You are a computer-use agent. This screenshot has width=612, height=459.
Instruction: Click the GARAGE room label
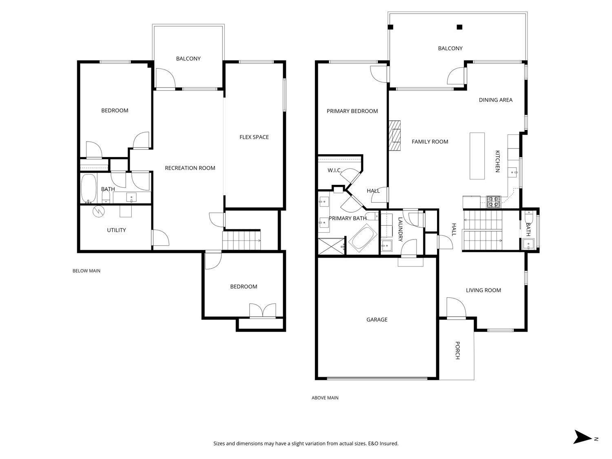377,319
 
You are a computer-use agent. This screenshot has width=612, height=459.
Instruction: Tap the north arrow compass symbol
582,437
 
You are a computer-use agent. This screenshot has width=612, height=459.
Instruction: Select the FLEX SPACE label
254,137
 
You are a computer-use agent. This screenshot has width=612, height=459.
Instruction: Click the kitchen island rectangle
477,156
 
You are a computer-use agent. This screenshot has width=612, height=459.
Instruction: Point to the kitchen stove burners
494,201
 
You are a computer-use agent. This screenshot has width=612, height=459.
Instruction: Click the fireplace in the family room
395,135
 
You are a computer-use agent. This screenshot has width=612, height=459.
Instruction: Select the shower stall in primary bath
331,247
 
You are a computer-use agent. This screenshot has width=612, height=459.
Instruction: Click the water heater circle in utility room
98,211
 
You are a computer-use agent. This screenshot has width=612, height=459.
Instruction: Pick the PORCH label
457,350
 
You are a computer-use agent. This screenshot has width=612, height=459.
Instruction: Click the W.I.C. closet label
335,170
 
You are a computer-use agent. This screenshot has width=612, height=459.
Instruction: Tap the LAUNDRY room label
400,229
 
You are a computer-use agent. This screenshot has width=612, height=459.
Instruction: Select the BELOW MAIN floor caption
86,271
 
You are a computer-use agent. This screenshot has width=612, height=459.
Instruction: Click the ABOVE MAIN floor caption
325,398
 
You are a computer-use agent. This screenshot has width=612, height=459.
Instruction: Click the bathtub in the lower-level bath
88,188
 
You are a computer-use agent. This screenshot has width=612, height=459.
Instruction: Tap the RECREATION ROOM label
190,168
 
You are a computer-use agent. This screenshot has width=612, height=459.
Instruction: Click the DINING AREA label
495,100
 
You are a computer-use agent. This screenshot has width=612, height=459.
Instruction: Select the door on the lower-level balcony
165,78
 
